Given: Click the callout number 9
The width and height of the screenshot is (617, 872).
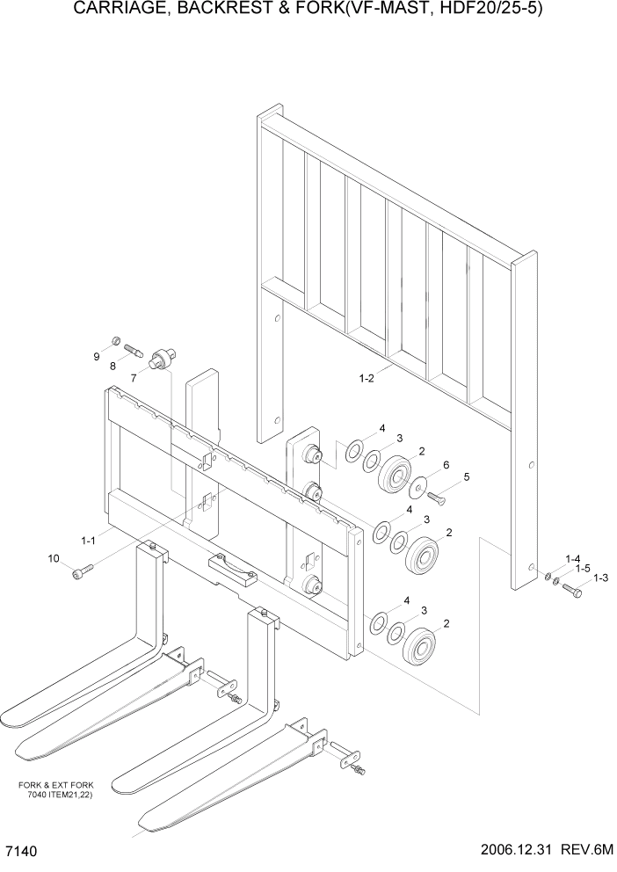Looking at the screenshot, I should [98, 357].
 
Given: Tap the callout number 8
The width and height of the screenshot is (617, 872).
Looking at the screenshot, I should [113, 365].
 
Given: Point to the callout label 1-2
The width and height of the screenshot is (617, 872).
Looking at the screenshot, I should [367, 379].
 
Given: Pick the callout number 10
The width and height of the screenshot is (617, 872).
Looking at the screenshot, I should [53, 558].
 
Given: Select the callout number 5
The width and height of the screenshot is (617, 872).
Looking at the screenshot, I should [466, 477].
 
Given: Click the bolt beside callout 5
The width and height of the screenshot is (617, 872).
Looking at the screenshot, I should [439, 497].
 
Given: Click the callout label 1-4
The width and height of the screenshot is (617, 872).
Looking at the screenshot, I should [573, 558].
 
